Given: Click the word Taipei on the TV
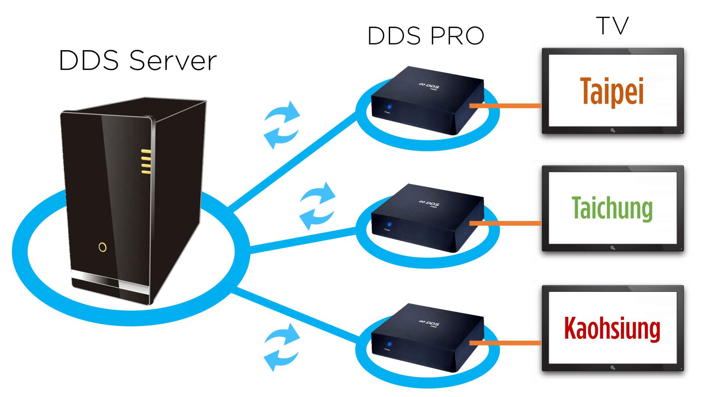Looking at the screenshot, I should point(612,92).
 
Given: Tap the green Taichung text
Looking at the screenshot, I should point(612,208).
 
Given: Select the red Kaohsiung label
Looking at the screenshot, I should point(612,328).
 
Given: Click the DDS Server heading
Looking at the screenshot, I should point(138,61).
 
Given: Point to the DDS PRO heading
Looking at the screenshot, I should point(426,36).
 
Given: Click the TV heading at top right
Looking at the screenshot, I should point(612,26).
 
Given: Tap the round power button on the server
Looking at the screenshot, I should point(103,247).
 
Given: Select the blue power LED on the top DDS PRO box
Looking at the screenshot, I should point(389,107).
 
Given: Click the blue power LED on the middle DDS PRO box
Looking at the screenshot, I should point(389,224).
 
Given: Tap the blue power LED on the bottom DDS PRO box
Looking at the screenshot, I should point(389,344).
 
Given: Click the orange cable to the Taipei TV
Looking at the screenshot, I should point(505,106).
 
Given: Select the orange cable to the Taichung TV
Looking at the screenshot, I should point(505,223).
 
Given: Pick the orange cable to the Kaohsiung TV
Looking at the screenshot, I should point(505,343).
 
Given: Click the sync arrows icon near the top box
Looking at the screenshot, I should point(282,125).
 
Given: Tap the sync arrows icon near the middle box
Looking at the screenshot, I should point(317,206).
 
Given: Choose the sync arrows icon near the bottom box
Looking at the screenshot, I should point(282,347).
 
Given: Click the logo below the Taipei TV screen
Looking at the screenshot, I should point(613,130).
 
